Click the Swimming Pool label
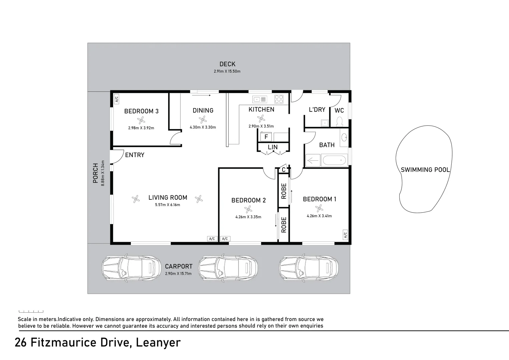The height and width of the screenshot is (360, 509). coord(425,170)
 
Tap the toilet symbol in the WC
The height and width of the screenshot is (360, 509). coord(340,121)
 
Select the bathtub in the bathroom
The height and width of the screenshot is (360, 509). coord(334,160)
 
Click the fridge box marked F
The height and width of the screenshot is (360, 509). coord(266,137)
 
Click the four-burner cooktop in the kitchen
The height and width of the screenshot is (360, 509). coord(279,99)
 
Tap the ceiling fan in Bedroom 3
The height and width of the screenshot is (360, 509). coord(141,120)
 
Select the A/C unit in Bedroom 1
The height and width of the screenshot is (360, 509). coord(345,235)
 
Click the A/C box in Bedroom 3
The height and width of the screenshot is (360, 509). coord(116,99)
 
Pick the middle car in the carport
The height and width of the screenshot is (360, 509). coord(228,268)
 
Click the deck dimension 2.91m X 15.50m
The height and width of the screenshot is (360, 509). coord(227,71)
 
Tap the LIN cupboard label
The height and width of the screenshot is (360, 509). coord(273,147)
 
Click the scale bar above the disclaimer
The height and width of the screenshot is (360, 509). coord(31,311)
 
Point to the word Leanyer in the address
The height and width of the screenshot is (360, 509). coord(158,342)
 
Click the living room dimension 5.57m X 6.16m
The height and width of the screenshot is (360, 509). coord(167,205)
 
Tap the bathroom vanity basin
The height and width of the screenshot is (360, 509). coord(344,137)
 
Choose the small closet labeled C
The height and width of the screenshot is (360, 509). coord(284,170)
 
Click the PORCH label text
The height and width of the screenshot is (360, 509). coord(95,173)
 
